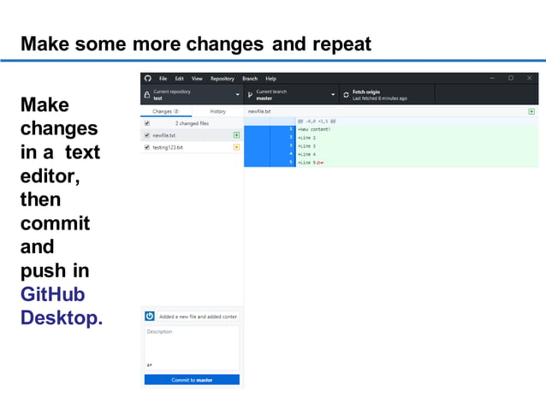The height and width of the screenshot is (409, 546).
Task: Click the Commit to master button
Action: tap(192, 380)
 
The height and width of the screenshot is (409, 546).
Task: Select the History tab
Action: tap(217, 111)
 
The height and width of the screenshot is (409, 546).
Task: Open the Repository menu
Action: tap(223, 79)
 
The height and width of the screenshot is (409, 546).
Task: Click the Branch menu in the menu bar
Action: tap(250, 79)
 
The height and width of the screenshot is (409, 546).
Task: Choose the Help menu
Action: tap(270, 79)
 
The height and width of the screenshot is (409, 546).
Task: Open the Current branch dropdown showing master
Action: tap(291, 94)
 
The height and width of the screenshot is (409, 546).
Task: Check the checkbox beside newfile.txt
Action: tap(147, 135)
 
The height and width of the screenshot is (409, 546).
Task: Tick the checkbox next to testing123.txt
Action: tap(147, 147)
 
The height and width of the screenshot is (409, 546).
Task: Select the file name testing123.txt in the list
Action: tap(168, 147)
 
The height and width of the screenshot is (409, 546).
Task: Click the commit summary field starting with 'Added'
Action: tap(198, 316)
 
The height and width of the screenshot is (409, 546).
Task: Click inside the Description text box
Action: tap(192, 345)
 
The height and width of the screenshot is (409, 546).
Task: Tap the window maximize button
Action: tap(511, 78)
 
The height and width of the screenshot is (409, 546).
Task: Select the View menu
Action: tap(197, 79)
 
